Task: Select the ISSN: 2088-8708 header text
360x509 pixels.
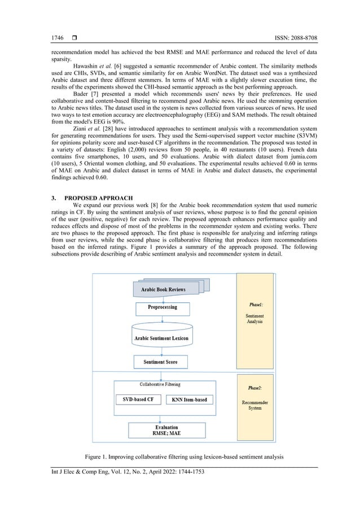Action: coord(291,38)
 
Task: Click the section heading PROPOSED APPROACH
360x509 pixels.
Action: coord(99,198)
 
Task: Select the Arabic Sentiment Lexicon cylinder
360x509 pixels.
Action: coord(162,338)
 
